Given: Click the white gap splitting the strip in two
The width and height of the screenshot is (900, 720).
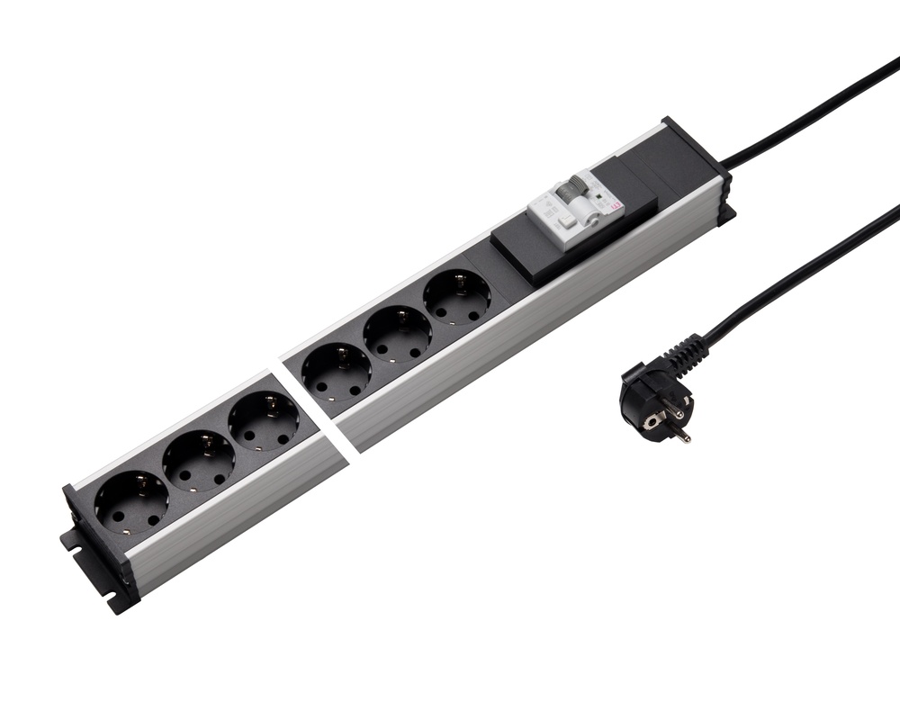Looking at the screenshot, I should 310,403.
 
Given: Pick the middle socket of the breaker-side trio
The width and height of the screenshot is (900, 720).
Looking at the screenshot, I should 397,333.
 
